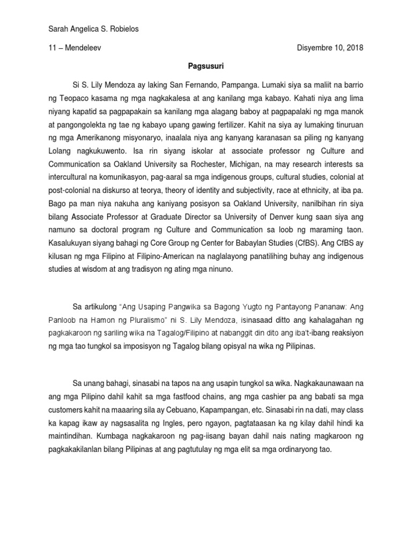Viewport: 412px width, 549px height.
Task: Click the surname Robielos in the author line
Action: click(x=123, y=29)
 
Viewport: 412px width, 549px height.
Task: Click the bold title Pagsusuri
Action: click(x=206, y=66)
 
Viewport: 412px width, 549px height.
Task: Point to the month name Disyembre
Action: click(x=315, y=48)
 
